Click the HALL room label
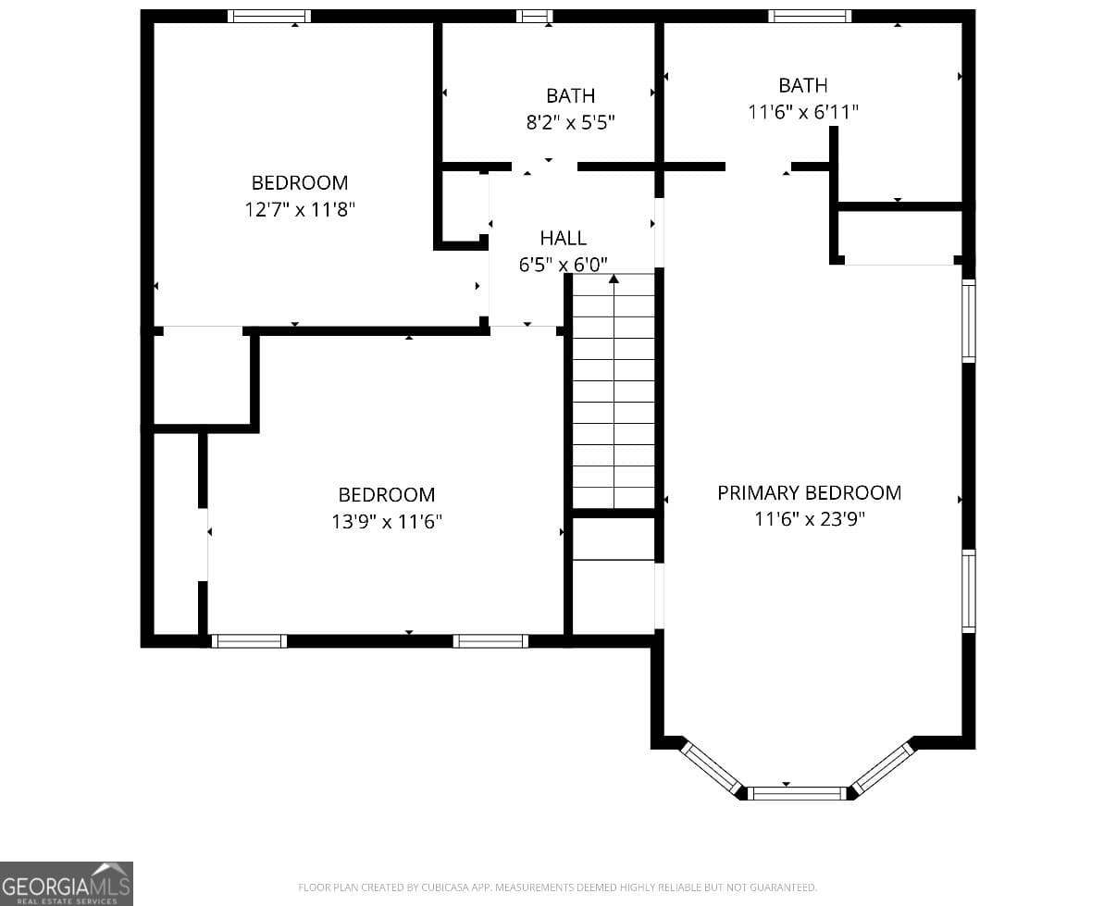pos(563,239)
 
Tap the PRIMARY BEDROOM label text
pos(809,493)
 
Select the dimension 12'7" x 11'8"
pos(300,210)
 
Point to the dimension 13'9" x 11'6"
pos(387,522)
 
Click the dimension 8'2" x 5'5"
pos(570,122)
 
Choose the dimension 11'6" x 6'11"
pos(803,112)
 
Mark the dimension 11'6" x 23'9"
pos(809,519)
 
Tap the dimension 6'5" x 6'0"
pos(563,265)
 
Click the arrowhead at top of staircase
pos(614,278)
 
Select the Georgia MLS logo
pos(66,883)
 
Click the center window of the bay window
pos(797,793)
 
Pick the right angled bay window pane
pos(883,766)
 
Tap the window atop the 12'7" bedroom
pos(269,16)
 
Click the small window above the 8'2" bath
pos(534,16)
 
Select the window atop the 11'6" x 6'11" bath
pos(810,16)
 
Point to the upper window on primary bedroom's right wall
pos(969,320)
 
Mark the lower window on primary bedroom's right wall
pos(969,590)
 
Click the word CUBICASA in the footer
pos(441,887)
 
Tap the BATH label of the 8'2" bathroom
pos(570,95)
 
